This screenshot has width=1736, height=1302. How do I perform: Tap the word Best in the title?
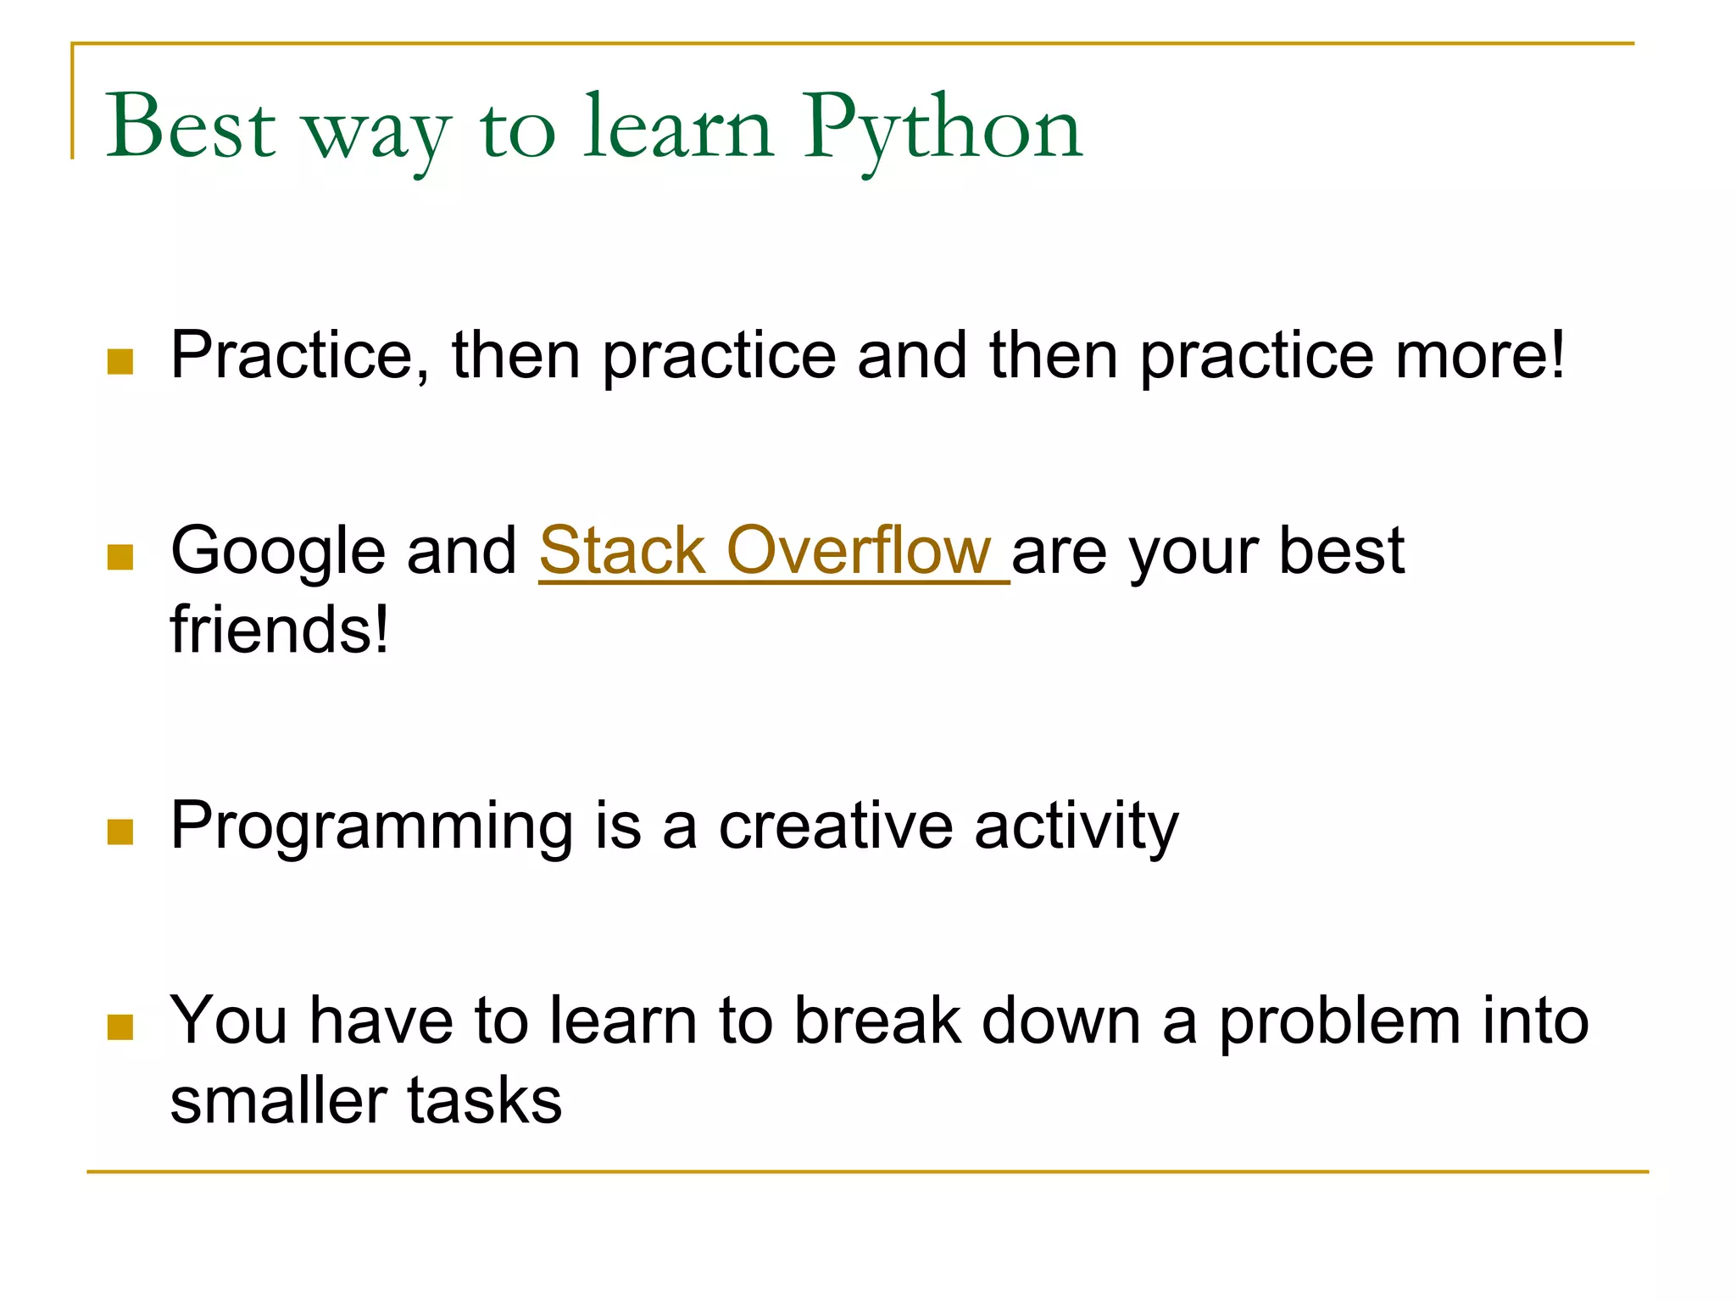[x=191, y=127]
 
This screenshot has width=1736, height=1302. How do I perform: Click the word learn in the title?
[x=678, y=127]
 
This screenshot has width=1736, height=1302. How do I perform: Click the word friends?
[x=280, y=630]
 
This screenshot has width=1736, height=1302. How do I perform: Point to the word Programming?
[x=371, y=826]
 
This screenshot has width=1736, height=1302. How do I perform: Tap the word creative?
[x=835, y=826]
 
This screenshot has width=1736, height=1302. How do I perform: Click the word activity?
[x=1077, y=826]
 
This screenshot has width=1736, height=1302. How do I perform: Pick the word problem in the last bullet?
[x=1339, y=1022]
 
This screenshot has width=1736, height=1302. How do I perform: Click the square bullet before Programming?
[x=120, y=832]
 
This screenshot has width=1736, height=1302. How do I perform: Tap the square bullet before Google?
[x=120, y=557]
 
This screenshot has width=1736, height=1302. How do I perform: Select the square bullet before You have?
[x=120, y=1027]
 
